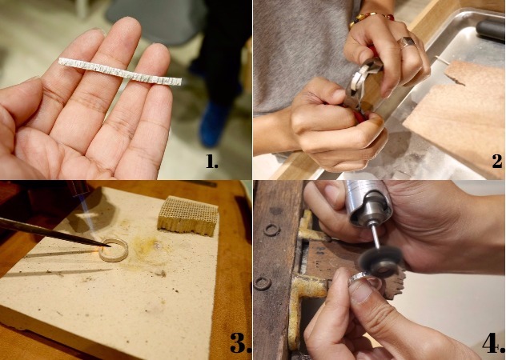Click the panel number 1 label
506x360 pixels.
coord(211,162)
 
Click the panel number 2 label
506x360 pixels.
coord(497,162)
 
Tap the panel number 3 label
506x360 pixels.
coord(240,342)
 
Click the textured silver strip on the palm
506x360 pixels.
coord(120,72)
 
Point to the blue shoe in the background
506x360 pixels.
coord(214,124)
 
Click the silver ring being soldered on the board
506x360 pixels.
coord(113,250)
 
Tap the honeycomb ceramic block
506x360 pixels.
coord(188,215)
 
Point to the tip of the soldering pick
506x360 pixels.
coord(110,246)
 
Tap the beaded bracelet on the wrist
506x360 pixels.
coord(371,18)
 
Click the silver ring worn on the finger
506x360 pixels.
coord(408,42)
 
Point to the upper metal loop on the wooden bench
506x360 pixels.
coord(271,230)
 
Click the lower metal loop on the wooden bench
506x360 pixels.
coord(262,283)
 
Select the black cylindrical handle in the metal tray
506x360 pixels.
coord(491,30)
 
